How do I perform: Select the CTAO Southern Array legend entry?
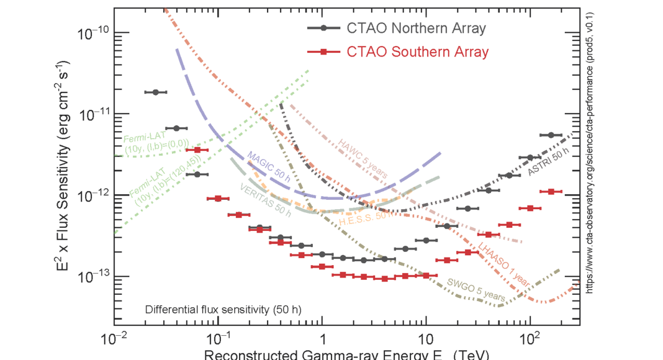(397, 52)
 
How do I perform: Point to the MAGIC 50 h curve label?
(269, 166)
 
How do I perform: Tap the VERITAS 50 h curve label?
(266, 199)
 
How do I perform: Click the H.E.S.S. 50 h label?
(365, 219)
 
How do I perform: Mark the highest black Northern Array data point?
(156, 92)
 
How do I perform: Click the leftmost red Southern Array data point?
(197, 150)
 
